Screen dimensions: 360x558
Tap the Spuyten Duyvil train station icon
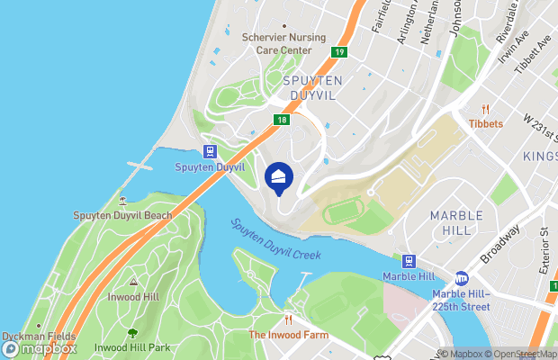coord(209,152)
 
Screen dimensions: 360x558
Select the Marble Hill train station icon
coord(409,261)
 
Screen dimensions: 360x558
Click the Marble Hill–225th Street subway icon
coord(462,279)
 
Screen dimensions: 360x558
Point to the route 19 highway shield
coord(337,52)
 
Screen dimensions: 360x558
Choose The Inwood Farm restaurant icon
coord(289,319)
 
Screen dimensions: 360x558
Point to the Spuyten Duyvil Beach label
coord(122,216)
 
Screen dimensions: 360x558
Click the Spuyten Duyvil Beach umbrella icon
coord(122,200)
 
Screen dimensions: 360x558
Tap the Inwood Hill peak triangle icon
coord(132,282)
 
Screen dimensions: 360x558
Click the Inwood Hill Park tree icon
coord(133,333)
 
